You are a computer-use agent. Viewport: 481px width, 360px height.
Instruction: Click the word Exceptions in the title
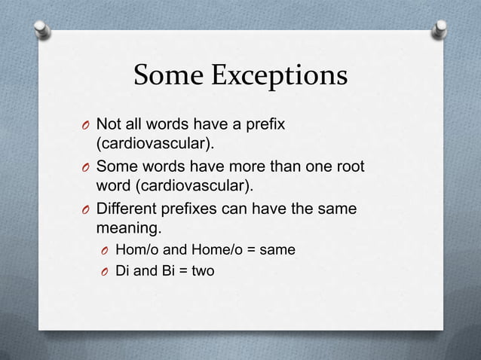tap(280, 77)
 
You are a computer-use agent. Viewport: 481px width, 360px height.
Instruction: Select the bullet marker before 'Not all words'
tap(85, 124)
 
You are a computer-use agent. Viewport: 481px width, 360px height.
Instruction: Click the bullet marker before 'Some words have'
tap(85, 166)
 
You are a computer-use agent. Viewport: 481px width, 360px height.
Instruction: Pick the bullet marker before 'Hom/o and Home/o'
tap(104, 249)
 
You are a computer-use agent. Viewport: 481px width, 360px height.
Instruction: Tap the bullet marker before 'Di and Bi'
tap(104, 270)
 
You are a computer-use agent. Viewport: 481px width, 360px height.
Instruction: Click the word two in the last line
tap(202, 269)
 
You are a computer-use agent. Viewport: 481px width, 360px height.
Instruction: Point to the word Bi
tap(165, 269)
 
